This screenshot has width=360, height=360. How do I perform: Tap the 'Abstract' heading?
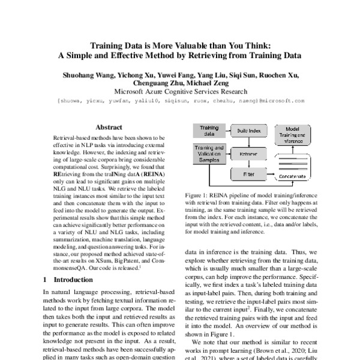109,127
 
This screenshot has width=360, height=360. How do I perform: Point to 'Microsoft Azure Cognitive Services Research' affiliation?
180,92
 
